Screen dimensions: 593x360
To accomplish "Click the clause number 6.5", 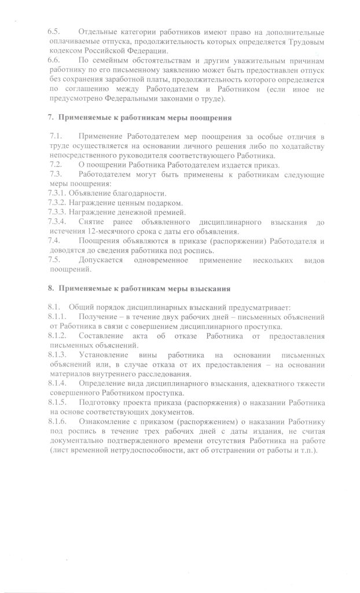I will click(x=54, y=31).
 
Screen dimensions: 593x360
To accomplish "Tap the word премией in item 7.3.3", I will click(x=161, y=213).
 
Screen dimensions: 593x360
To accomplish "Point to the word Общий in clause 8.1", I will click(x=80, y=306).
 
